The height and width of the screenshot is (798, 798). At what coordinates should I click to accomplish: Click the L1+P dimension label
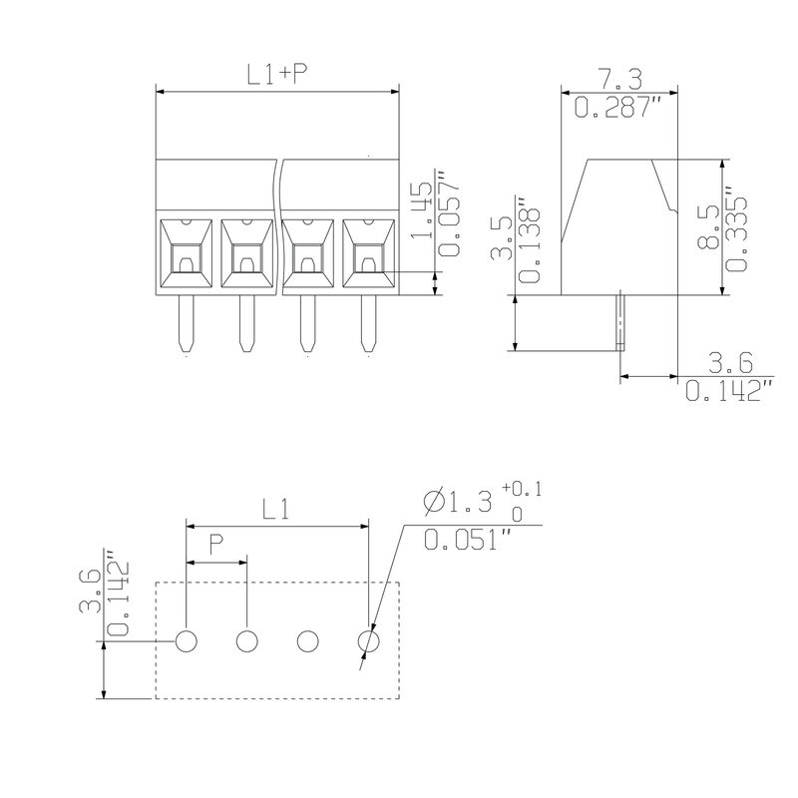pyautogui.click(x=278, y=74)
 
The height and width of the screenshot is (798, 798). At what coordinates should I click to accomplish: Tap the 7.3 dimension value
pyautogui.click(x=618, y=80)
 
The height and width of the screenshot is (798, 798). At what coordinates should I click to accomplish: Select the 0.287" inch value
pyautogui.click(x=617, y=107)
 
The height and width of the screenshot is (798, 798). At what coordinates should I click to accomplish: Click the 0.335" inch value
pyautogui.click(x=736, y=228)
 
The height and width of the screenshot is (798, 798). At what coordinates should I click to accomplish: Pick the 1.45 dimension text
pyautogui.click(x=421, y=210)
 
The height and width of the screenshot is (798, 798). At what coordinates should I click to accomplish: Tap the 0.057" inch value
pyautogui.click(x=448, y=213)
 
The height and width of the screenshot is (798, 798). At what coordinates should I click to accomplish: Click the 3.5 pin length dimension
pyautogui.click(x=502, y=237)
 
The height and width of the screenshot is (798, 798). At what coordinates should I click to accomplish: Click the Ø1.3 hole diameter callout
pyautogui.click(x=458, y=502)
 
